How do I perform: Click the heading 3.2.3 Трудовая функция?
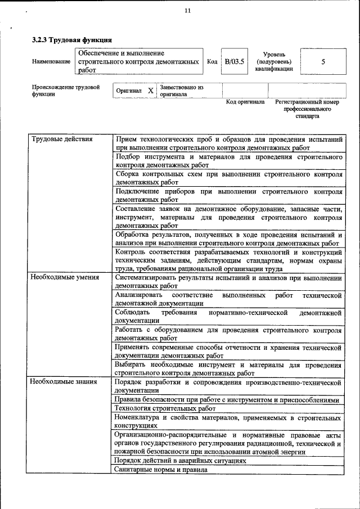coord(72,40)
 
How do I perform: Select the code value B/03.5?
coord(234,62)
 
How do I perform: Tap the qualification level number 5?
coord(323,62)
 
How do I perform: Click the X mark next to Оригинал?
coord(150,91)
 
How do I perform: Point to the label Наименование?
coord(51,61)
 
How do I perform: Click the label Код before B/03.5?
coord(212,62)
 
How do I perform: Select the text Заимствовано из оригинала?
coord(181,91)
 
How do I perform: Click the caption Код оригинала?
coord(245,102)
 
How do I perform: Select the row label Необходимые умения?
coord(65,277)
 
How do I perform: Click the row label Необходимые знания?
coord(64,382)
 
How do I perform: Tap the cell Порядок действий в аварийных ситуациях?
coord(181,460)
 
